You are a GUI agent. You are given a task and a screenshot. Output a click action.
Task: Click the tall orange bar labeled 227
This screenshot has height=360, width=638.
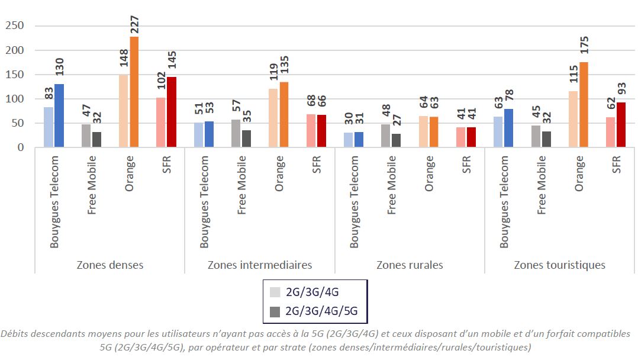click(x=134, y=92)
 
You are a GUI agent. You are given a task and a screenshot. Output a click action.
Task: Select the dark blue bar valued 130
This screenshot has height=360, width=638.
click(x=59, y=115)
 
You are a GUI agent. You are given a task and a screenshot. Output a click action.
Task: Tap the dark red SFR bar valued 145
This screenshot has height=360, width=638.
click(x=172, y=112)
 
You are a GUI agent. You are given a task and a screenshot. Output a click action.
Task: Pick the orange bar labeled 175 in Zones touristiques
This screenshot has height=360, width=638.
click(x=584, y=105)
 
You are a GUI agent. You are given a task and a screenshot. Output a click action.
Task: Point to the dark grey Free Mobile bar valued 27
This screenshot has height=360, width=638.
click(x=397, y=141)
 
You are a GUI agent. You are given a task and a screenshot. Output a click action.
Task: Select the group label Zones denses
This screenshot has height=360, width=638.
click(x=110, y=265)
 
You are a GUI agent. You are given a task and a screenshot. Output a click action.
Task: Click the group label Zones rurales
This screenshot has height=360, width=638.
click(x=410, y=265)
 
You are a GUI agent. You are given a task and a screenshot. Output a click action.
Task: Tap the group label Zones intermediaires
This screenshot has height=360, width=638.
click(x=260, y=265)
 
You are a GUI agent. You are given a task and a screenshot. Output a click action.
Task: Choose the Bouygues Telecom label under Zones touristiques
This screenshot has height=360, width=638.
click(x=504, y=201)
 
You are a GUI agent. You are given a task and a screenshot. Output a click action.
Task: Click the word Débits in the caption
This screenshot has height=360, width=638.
click(x=15, y=335)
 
